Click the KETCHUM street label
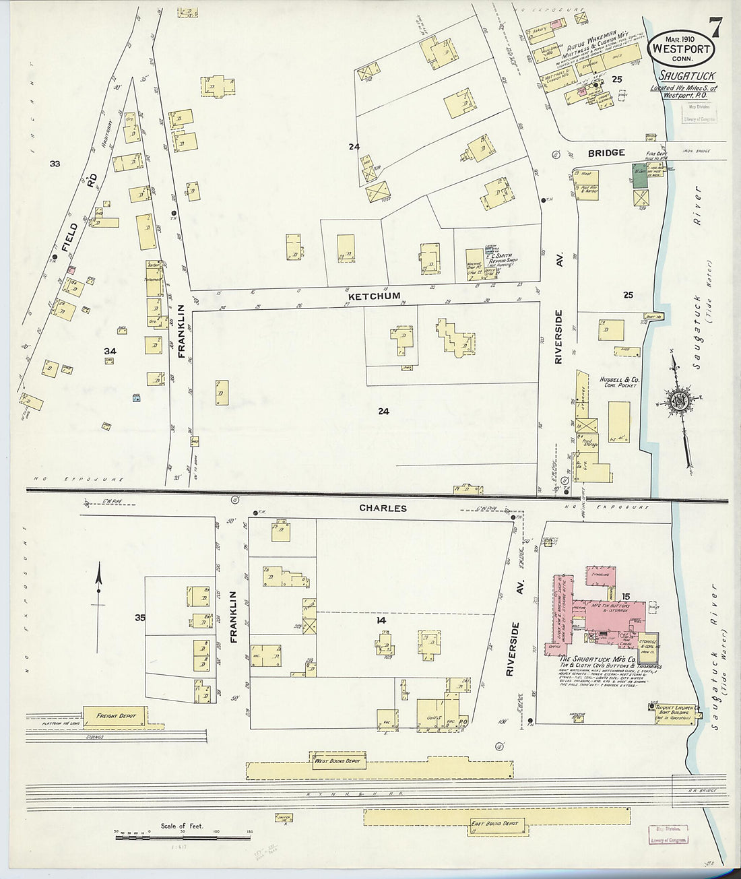point(374,296)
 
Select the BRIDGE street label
point(606,154)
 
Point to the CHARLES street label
point(383,509)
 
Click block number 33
point(55,164)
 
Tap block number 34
point(110,351)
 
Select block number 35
point(139,617)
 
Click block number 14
point(381,621)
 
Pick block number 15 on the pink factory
point(626,597)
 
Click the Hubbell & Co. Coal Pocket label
point(618,384)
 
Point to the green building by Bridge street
point(637,174)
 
